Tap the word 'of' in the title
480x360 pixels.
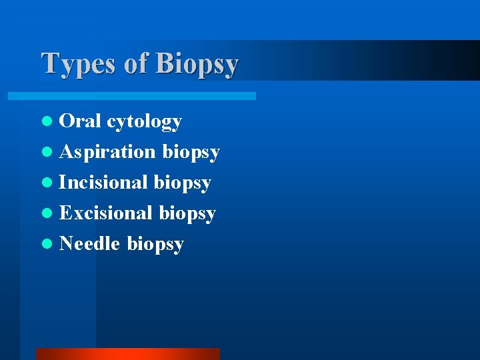pos(136,63)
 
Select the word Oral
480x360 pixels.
pos(80,121)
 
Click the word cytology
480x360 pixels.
pos(145,122)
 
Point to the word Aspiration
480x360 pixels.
pos(107,152)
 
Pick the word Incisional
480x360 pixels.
pos(103,182)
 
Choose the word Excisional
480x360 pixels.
pos(106,213)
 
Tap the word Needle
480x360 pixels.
pos(90,243)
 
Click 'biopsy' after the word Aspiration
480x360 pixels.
pos(191,153)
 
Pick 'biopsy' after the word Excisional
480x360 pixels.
pos(187,214)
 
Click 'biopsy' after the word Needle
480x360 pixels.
pos(155,245)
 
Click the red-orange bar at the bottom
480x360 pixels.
pos(127,354)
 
